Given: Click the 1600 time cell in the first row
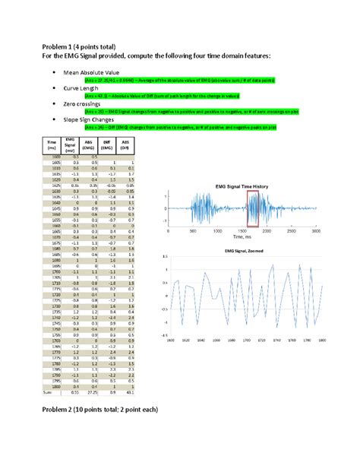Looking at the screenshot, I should pos(52,155).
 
